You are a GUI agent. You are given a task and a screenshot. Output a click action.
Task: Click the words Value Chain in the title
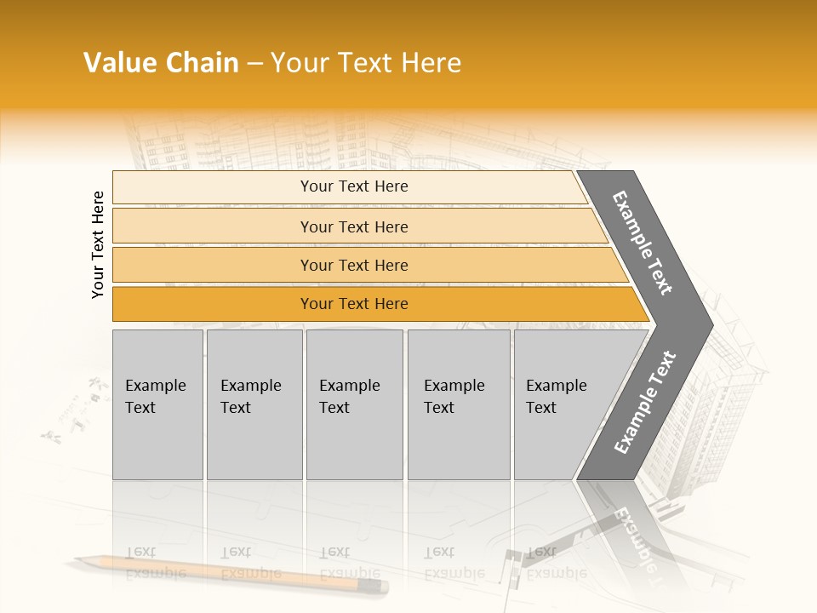tap(161, 63)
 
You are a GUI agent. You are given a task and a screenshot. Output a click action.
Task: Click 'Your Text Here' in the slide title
tap(366, 63)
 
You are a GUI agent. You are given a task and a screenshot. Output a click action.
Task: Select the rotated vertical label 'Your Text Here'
tap(98, 244)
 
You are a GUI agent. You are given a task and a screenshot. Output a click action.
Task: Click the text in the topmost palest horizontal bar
tap(354, 186)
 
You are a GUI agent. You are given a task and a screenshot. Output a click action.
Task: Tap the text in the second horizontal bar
tap(354, 226)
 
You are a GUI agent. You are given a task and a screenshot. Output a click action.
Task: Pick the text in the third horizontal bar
tap(354, 266)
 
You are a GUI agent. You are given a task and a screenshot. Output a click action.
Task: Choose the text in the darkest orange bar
tap(354, 304)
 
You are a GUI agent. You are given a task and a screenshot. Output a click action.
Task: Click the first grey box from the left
tap(157, 404)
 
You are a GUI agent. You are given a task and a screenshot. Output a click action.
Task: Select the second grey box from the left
tap(254, 404)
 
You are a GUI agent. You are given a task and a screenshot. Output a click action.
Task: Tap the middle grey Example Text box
tap(354, 404)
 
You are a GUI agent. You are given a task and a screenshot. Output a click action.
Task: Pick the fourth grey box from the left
tap(458, 404)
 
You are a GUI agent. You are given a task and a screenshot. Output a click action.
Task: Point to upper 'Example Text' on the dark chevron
tap(643, 243)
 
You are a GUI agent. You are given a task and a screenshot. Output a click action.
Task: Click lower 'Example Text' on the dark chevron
tap(645, 402)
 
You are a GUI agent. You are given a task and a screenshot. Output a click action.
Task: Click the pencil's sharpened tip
tap(77, 559)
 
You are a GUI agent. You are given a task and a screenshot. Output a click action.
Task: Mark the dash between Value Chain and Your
tap(254, 64)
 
